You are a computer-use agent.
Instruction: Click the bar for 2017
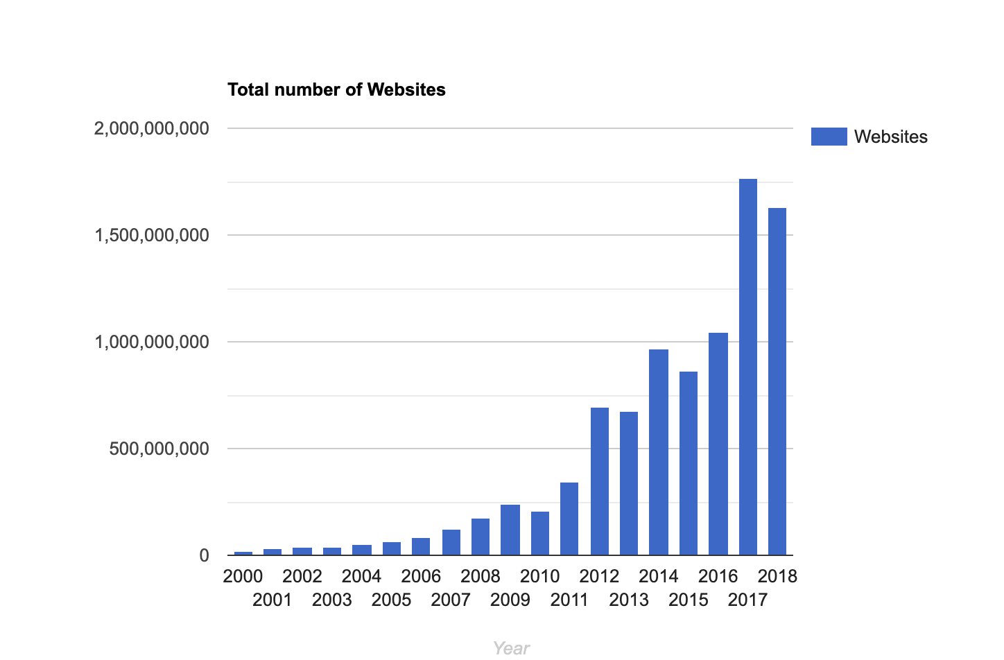[x=748, y=367]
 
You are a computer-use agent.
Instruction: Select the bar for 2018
[x=777, y=381]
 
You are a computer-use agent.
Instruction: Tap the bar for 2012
[x=600, y=481]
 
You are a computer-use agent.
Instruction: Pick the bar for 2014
[x=659, y=452]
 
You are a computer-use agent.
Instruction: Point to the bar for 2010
[x=540, y=533]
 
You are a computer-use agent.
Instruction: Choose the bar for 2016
[x=718, y=444]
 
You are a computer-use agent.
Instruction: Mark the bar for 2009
[x=510, y=530]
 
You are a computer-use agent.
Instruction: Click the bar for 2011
[x=569, y=519]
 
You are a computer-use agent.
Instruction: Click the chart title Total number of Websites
[x=336, y=89]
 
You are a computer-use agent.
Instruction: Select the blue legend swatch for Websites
[x=829, y=137]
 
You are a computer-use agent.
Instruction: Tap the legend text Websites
[x=890, y=137]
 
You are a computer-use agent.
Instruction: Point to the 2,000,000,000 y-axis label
[x=151, y=128]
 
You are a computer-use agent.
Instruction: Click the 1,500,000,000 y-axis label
[x=151, y=235]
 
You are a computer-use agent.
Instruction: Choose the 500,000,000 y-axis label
[x=159, y=449]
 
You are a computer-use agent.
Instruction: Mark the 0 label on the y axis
[x=204, y=555]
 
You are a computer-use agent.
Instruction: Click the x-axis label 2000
[x=243, y=576]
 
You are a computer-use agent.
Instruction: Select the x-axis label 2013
[x=629, y=600]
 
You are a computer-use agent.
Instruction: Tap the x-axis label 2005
[x=391, y=600]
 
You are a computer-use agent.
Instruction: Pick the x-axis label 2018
[x=777, y=576]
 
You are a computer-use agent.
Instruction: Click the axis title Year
[x=511, y=648]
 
